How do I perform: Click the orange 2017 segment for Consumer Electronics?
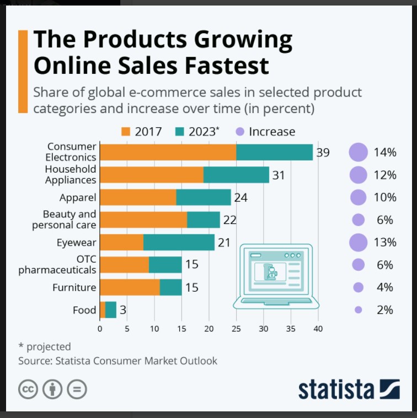(168, 152)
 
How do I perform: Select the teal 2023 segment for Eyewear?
(179, 242)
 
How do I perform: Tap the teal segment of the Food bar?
(111, 310)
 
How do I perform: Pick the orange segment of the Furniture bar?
(130, 287)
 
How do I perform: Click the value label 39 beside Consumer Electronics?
(323, 152)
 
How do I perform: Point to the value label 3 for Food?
(123, 310)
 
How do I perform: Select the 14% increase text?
(385, 152)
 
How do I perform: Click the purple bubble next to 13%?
(358, 242)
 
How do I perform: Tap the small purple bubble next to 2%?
(358, 310)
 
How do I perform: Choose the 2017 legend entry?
(142, 131)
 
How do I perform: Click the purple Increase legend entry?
(266, 131)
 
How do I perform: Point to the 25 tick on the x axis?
(236, 330)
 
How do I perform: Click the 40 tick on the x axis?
(318, 330)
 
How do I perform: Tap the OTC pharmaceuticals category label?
(57, 265)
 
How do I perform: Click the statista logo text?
(336, 389)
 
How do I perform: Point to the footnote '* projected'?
(45, 346)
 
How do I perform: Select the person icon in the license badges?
(53, 389)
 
